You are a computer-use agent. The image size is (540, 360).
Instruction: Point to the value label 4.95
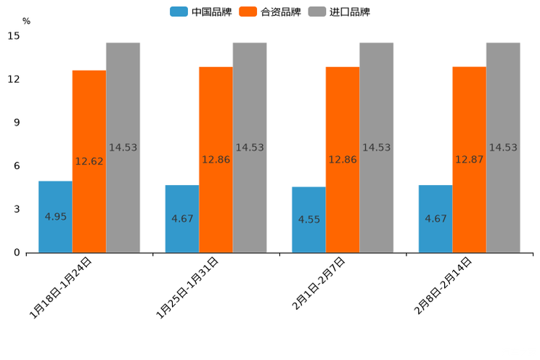(x=56, y=217)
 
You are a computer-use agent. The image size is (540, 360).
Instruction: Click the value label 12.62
(x=89, y=162)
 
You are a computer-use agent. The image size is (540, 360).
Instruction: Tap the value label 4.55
(x=309, y=219)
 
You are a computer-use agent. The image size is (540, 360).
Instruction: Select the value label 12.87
(x=470, y=160)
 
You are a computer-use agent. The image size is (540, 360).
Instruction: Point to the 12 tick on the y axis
(x=14, y=79)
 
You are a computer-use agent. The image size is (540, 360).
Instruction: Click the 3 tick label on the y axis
(x=17, y=209)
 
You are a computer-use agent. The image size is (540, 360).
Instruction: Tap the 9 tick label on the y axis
(x=17, y=123)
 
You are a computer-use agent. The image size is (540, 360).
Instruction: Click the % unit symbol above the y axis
(x=26, y=21)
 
